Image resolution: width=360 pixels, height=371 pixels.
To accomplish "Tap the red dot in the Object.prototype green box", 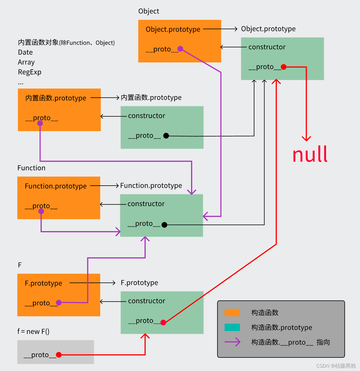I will pos(283,67).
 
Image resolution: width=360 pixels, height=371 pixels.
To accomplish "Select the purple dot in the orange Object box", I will pos(180,49).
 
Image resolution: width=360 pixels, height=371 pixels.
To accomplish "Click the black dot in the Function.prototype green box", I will pos(164,225).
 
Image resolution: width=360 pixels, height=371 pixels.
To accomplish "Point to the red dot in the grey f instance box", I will pos(59,355).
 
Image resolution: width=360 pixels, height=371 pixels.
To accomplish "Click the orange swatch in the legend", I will pos(232,313).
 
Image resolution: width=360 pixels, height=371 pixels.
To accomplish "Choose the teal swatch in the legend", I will pos(232,327).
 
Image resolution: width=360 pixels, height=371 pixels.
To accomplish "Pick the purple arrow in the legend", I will pos(232,342).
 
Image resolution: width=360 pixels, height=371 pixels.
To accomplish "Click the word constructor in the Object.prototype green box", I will pos(267,47).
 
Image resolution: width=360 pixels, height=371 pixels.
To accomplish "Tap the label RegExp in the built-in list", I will pos(30,72).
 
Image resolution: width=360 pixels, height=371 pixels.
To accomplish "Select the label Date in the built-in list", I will pos(25,52).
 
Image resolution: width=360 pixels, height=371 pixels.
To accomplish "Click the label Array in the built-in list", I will pos(26,62).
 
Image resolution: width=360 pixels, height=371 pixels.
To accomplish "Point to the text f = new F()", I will pos(33,332).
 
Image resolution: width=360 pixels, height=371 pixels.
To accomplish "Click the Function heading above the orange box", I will pos(31,168).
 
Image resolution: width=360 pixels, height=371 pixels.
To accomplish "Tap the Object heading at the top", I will pos(148,11).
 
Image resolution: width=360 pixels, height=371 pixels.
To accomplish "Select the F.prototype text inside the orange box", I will pos(43,283).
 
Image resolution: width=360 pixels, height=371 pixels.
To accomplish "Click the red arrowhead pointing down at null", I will pos(306,139).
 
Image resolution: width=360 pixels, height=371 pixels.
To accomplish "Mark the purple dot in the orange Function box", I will pos(41,211).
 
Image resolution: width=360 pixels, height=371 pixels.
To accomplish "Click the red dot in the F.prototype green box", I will pos(163,322).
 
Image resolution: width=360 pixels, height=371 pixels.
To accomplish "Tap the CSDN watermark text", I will pos(336,366).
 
